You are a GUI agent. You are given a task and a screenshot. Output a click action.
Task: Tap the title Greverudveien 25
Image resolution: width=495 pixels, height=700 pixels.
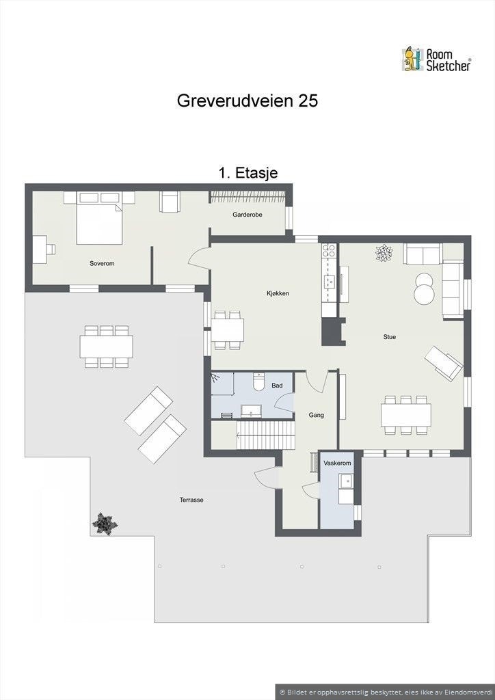pyautogui.click(x=247, y=101)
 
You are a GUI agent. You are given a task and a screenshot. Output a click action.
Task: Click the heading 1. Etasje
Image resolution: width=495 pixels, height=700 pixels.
pyautogui.click(x=247, y=173)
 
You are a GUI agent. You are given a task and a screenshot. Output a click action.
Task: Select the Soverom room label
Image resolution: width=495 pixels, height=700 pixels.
pyautogui.click(x=101, y=263)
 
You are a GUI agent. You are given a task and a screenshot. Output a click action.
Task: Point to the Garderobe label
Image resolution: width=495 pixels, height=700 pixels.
pyautogui.click(x=247, y=215)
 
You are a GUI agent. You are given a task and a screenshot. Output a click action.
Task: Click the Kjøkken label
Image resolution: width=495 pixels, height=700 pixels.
pyautogui.click(x=278, y=293)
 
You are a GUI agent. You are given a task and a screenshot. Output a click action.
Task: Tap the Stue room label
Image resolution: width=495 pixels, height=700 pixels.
pyautogui.click(x=390, y=336)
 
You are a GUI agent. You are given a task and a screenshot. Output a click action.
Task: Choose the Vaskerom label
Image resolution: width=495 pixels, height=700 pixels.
pyautogui.click(x=337, y=463)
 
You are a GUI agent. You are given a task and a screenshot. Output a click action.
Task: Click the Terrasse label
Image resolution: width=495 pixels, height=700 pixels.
pyautogui.click(x=191, y=500)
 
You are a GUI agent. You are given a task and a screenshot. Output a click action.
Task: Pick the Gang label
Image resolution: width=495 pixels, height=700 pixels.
pyautogui.click(x=316, y=415)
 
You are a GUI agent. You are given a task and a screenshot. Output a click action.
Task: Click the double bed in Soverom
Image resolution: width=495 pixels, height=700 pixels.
pyautogui.click(x=100, y=219)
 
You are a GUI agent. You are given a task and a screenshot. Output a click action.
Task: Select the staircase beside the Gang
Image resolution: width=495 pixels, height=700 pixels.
pyautogui.click(x=265, y=435)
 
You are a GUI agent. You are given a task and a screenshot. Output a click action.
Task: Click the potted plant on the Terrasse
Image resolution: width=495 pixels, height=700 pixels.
pyautogui.click(x=104, y=524)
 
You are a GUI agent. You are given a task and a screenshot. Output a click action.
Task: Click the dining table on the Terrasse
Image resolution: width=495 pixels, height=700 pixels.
pyautogui.click(x=106, y=346)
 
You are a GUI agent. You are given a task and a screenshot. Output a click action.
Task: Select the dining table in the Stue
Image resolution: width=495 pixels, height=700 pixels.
pyautogui.click(x=405, y=414)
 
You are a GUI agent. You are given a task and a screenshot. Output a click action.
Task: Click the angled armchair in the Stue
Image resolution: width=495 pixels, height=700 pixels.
pyautogui.click(x=443, y=362)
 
